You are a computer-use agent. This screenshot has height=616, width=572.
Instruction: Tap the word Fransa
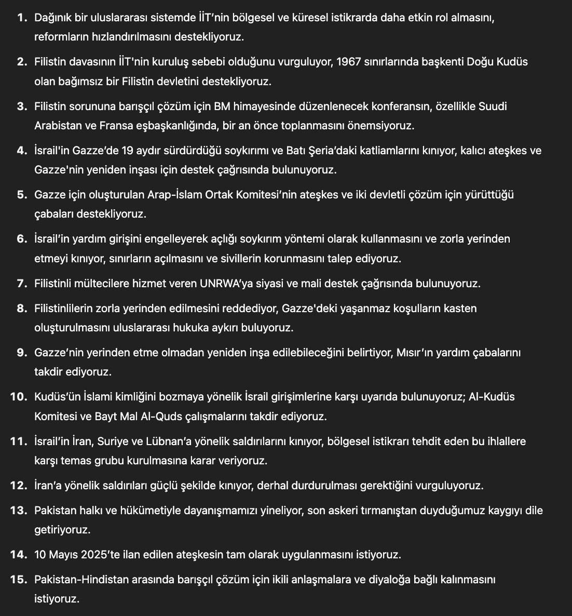[137, 126]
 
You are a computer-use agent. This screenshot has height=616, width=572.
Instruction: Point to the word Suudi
[493, 106]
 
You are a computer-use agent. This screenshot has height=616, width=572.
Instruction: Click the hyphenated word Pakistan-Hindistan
[81, 579]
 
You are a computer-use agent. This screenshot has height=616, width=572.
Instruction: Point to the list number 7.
[21, 284]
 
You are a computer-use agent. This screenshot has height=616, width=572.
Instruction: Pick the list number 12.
[18, 486]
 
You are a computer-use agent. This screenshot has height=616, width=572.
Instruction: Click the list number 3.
[21, 106]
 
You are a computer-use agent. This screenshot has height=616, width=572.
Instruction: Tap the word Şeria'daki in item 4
[333, 151]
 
